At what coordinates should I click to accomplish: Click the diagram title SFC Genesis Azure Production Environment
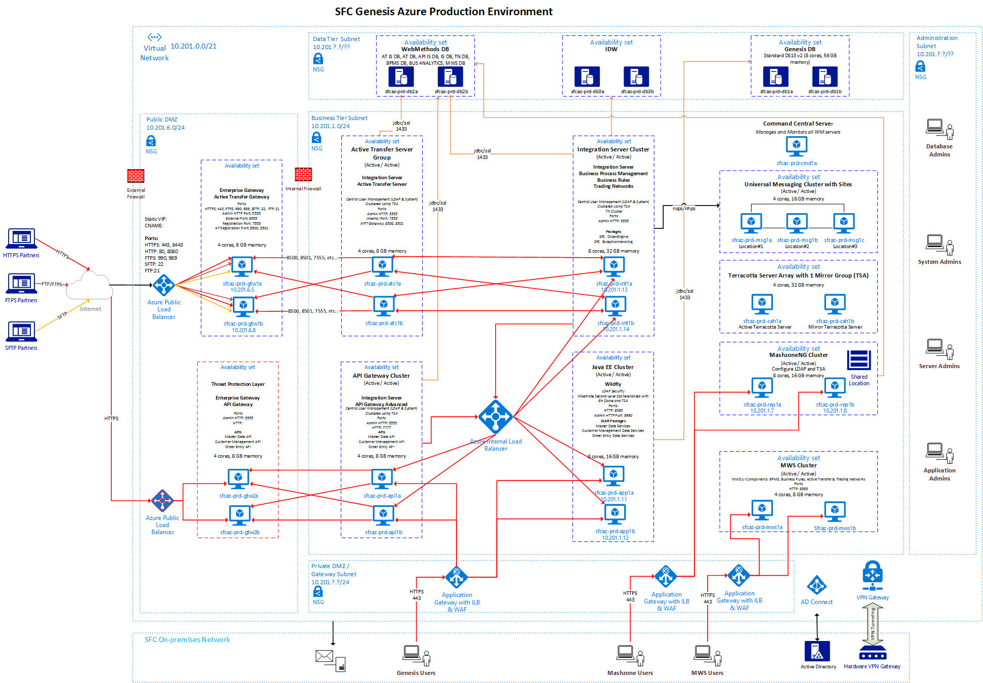coord(443,12)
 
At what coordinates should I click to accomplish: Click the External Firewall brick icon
coord(136,176)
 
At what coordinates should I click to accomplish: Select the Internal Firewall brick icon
coord(303,174)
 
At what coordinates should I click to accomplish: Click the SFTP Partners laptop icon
coord(21,332)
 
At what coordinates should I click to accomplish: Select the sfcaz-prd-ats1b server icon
coord(384,306)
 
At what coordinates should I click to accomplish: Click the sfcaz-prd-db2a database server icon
coord(401,77)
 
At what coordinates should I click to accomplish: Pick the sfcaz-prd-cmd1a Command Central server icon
coord(796,146)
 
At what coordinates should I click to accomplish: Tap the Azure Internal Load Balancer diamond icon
coord(495,417)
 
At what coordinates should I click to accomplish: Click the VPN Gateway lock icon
coord(872,575)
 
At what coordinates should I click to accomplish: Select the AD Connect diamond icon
coord(816,586)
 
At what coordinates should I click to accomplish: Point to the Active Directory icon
coord(817,652)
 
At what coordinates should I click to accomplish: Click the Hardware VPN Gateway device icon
coord(872,653)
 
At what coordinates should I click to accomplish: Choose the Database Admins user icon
coord(939,129)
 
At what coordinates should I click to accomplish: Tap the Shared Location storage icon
coord(858,360)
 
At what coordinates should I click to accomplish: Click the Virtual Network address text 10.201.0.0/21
coord(193,46)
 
